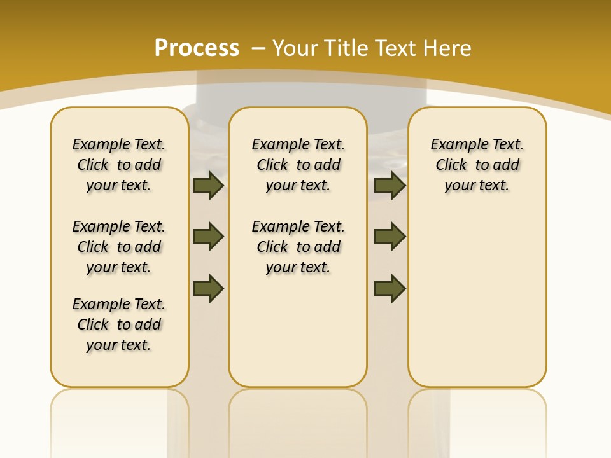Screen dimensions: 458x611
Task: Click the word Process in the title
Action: click(x=197, y=48)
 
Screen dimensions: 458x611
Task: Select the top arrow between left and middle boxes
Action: click(x=207, y=186)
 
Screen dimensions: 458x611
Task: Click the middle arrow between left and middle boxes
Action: click(x=207, y=237)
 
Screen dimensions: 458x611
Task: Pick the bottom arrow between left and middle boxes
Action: click(x=207, y=289)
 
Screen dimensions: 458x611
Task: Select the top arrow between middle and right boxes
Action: click(x=390, y=186)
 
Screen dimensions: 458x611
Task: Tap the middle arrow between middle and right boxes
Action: click(x=390, y=237)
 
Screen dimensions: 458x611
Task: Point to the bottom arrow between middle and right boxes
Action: click(x=390, y=289)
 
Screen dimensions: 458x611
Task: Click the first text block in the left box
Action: click(x=119, y=165)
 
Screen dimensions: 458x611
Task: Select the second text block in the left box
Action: click(x=119, y=247)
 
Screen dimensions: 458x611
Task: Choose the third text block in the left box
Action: click(x=119, y=324)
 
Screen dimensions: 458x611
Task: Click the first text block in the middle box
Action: click(x=298, y=165)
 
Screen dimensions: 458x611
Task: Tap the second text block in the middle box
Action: click(x=298, y=247)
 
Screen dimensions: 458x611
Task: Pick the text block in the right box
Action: click(x=477, y=165)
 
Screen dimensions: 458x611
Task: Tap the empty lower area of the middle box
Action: click(x=298, y=331)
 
